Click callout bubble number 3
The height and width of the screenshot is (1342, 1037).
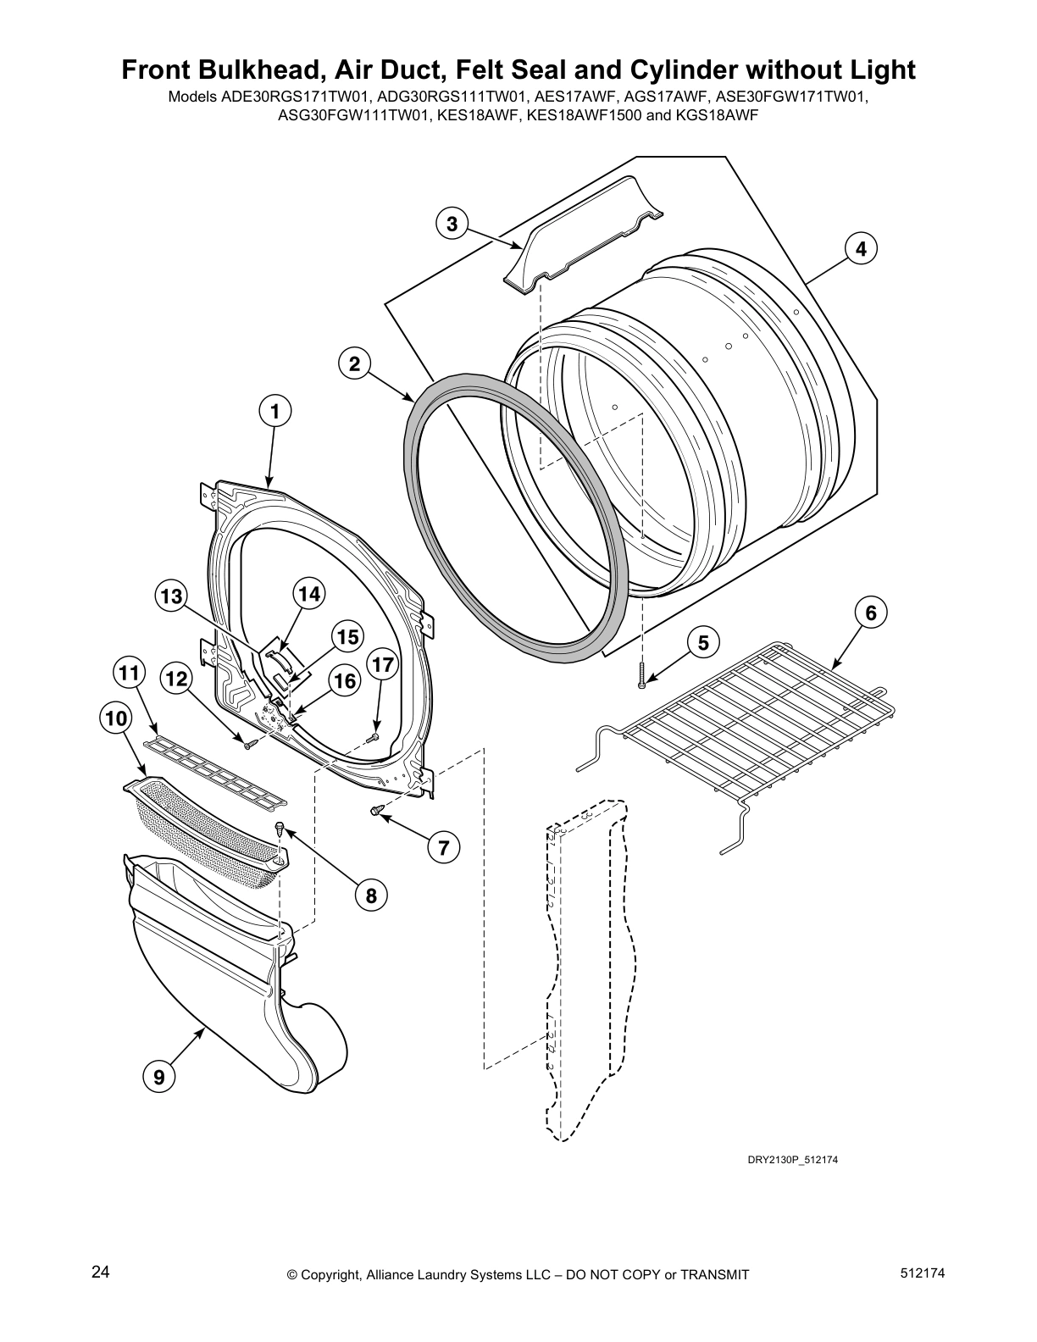coord(452,224)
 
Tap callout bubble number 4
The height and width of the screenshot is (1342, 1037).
coord(860,249)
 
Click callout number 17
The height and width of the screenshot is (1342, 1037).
coord(383,665)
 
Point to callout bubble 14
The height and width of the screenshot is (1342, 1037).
coord(309,594)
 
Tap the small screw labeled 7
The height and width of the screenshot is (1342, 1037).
coord(375,812)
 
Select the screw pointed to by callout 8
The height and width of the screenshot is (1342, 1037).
coord(280,829)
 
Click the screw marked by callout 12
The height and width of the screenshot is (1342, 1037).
coord(249,745)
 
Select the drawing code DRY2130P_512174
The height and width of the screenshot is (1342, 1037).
coord(792,1160)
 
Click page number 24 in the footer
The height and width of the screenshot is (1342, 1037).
coord(100,1272)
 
